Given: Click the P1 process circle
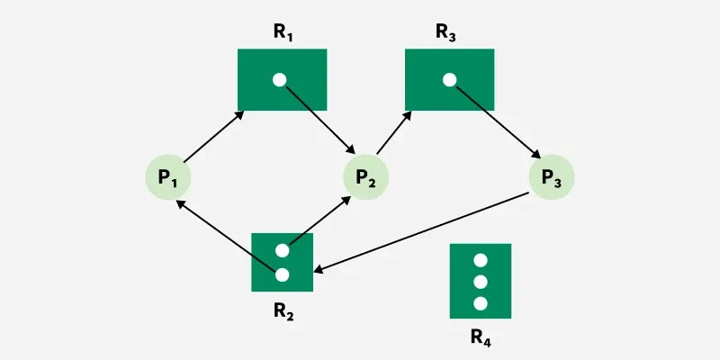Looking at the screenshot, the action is (x=168, y=177).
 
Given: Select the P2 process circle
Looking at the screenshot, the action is (x=366, y=177).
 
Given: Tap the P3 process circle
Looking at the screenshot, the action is (x=552, y=177).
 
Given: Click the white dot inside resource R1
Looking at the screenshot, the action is (x=279, y=80).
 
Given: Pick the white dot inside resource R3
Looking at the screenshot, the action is (x=449, y=80).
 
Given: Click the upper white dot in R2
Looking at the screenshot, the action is (x=283, y=251).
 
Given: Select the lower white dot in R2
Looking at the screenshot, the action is (x=283, y=275).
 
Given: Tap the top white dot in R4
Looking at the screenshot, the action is (x=481, y=260).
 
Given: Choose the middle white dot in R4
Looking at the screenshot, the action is (x=481, y=282).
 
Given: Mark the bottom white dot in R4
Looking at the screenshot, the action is (x=481, y=303).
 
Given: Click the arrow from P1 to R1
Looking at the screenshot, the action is (x=213, y=137).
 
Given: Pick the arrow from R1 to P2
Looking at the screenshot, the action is (x=319, y=119).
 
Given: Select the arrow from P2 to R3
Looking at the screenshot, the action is (x=393, y=132).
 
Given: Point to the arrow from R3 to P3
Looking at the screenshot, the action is (x=498, y=121).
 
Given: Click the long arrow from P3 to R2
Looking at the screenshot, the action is (x=421, y=233).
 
